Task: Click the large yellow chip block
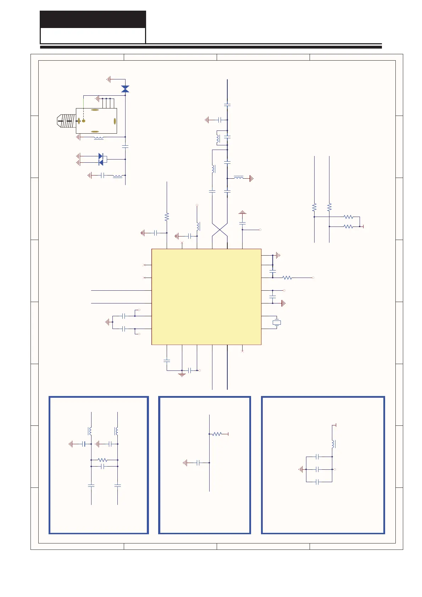coord(206,296)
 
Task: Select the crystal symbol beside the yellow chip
coord(277,322)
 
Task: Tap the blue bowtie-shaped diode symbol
coord(125,89)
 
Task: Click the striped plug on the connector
coord(67,121)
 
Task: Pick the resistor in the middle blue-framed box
coord(217,434)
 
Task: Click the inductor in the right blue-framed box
coord(333,444)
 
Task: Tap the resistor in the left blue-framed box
coord(102,460)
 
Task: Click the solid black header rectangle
coord(93,19)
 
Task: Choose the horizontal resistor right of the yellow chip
coord(287,278)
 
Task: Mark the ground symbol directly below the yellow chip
coord(182,374)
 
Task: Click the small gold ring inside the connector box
coord(84,121)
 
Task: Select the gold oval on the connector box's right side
coord(115,121)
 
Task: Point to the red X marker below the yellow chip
coord(243,351)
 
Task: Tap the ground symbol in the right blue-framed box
coord(301,469)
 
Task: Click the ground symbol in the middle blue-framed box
coord(185,463)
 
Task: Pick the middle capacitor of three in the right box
coord(318,469)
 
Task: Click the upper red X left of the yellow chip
coord(144,265)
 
